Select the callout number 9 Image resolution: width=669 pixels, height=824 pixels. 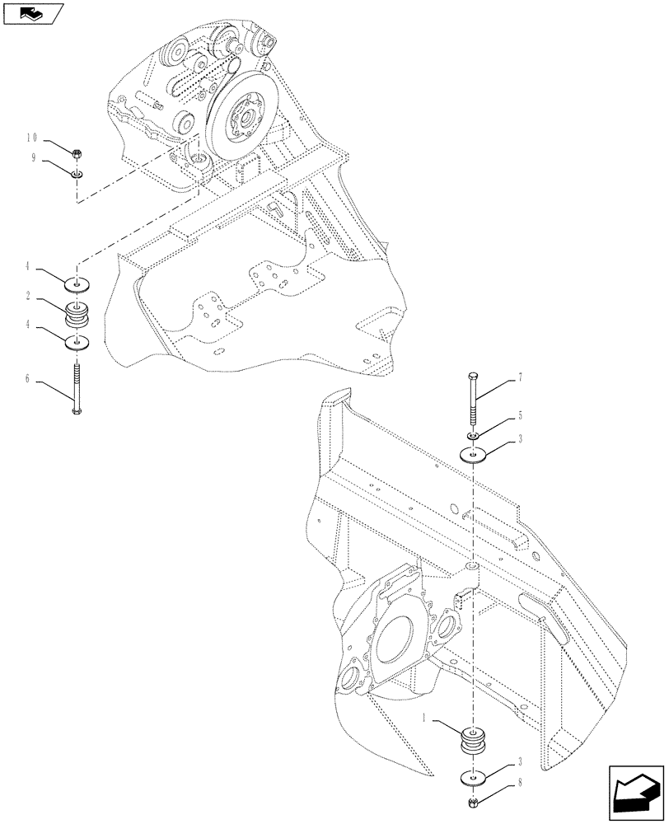(x=35, y=159)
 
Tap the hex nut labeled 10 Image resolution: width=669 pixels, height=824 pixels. (x=77, y=153)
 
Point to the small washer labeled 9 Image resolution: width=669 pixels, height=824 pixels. (x=77, y=174)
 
